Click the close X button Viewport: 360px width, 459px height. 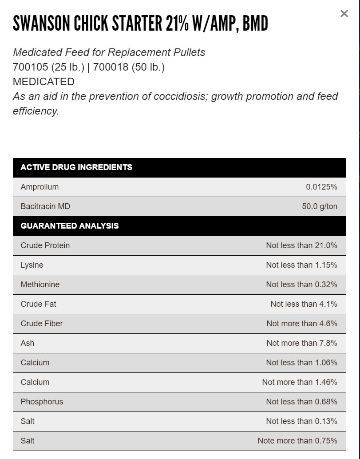point(344,14)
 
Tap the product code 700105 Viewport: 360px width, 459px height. point(31,67)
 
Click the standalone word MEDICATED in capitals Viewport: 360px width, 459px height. point(44,82)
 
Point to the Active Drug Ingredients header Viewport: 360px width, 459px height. point(76,167)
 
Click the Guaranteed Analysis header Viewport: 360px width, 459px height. point(70,226)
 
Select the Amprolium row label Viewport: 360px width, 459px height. point(40,187)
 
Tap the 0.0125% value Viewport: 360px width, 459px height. point(321,187)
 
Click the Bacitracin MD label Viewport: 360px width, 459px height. point(45,206)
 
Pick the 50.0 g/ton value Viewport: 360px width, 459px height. point(320,206)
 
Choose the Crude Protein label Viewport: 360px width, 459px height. point(45,245)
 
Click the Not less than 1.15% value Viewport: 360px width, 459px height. point(301,265)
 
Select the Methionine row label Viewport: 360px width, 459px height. point(40,285)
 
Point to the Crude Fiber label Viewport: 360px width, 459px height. point(42,324)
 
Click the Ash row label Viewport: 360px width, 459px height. point(28,343)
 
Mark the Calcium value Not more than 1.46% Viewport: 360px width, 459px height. point(300,382)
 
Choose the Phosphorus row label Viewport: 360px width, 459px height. point(42,402)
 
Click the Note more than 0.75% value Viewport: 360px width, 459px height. point(297,441)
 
